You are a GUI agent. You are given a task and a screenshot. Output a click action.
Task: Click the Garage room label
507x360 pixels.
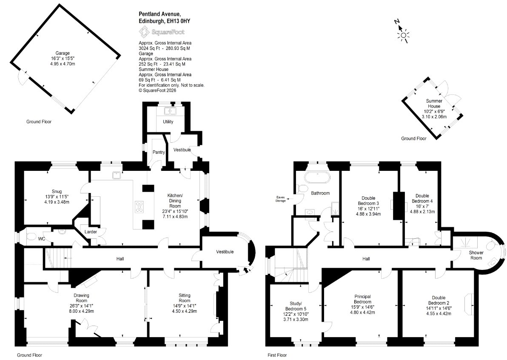(x=63, y=53)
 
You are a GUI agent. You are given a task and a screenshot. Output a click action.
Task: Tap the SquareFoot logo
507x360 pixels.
(x=162, y=32)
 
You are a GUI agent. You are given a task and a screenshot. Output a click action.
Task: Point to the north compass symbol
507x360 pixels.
(x=402, y=32)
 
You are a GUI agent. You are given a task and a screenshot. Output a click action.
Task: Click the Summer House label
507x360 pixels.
(x=434, y=103)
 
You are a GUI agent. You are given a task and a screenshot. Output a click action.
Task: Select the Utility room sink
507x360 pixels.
(x=170, y=111)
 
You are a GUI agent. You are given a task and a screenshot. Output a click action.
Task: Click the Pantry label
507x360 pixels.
(x=159, y=152)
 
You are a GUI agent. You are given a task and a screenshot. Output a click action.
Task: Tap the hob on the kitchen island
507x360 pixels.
(x=140, y=207)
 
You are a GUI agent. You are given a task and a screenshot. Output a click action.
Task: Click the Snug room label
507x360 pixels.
(x=57, y=191)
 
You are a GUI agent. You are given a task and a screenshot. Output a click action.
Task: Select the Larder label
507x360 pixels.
(x=91, y=232)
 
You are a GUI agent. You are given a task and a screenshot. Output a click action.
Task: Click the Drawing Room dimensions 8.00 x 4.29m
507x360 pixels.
(x=81, y=311)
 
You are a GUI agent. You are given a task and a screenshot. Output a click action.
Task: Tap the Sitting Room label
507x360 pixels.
(x=184, y=298)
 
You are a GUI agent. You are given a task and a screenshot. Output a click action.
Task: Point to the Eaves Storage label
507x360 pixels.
(x=281, y=199)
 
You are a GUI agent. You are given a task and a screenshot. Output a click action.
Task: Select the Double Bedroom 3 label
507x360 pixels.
(x=368, y=201)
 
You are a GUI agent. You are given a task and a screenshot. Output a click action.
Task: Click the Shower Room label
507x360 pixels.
(x=476, y=255)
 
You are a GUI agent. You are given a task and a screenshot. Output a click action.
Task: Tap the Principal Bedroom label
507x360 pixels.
(x=362, y=299)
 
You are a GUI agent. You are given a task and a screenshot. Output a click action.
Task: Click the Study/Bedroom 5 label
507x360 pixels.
(x=296, y=306)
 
